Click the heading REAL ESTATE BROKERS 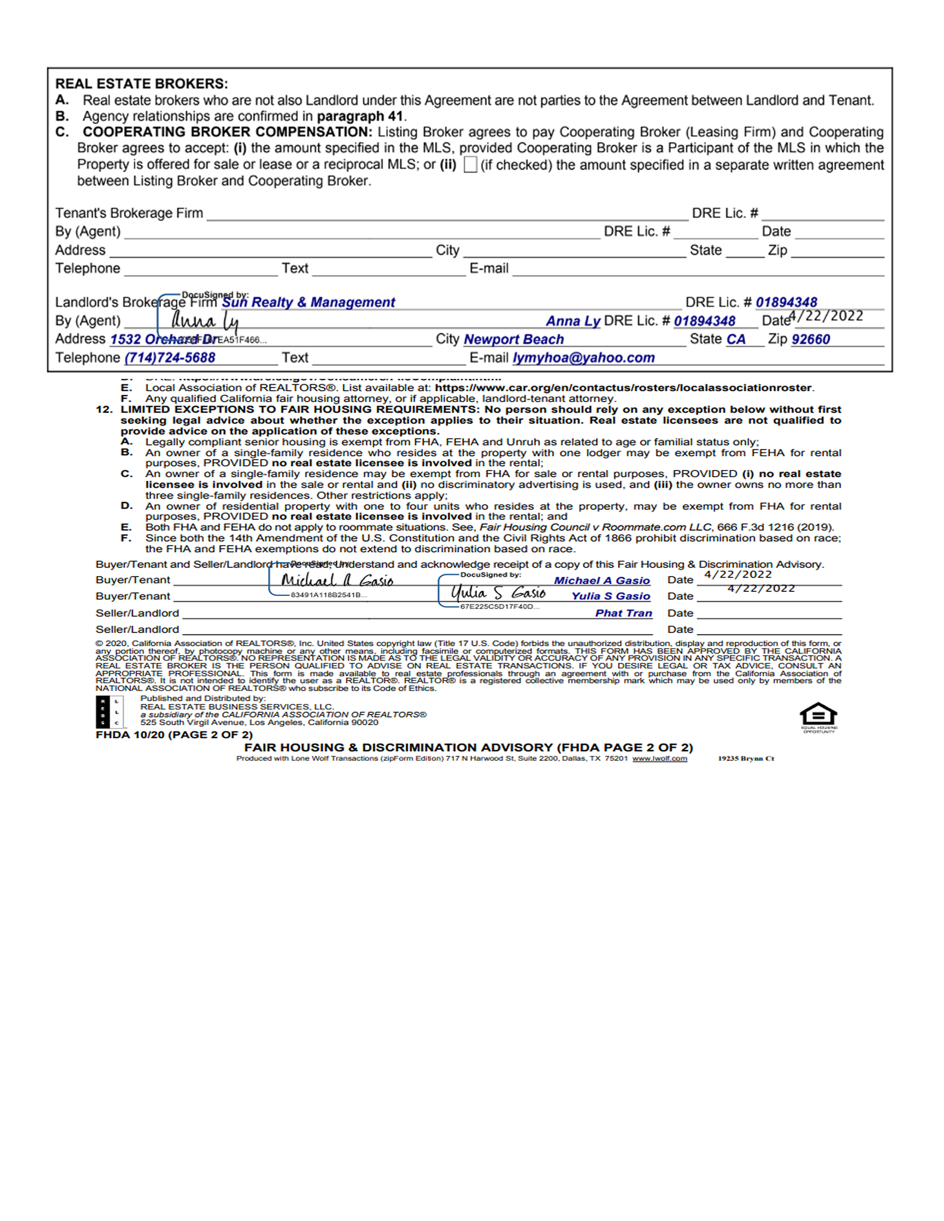[141, 84]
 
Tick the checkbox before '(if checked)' [470, 165]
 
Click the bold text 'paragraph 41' [359, 116]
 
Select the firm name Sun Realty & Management [308, 302]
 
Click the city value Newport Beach [513, 339]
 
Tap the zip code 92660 [810, 339]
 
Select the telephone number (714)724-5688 [170, 358]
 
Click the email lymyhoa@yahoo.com [583, 358]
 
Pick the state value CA [736, 339]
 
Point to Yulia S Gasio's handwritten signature [498, 593]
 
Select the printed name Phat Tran [623, 613]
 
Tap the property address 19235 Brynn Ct [746, 758]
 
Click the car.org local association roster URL [623, 388]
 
